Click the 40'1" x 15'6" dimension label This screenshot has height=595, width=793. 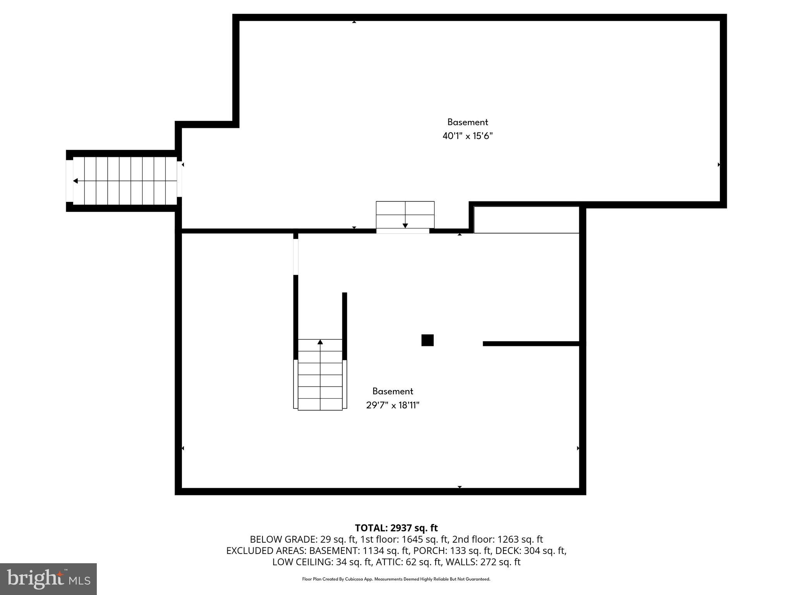(x=467, y=136)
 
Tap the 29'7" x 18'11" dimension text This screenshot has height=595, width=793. (x=393, y=405)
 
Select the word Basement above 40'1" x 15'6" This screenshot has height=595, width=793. (x=467, y=122)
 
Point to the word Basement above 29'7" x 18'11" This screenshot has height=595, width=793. (x=393, y=391)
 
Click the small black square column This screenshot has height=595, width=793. (x=427, y=340)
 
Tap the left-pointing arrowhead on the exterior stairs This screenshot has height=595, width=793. (x=76, y=181)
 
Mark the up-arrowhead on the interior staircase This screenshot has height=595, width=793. (x=320, y=342)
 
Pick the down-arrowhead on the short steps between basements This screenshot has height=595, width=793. (x=405, y=225)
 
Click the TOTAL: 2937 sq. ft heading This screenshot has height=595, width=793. (x=396, y=528)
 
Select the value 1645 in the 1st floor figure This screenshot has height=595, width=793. (x=413, y=539)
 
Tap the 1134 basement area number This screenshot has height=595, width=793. (x=373, y=550)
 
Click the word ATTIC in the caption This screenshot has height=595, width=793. (x=390, y=562)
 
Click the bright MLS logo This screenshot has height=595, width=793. (x=48, y=579)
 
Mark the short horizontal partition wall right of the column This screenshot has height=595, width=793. (x=531, y=344)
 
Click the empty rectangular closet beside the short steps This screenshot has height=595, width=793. (x=526, y=220)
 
